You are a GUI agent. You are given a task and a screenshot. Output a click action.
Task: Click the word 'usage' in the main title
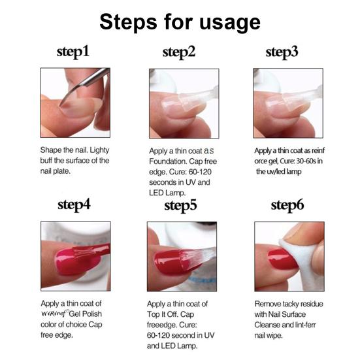[x=230, y=22]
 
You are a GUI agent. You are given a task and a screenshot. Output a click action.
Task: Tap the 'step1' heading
[x=73, y=52]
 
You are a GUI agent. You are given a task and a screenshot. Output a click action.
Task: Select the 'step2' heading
[x=179, y=52]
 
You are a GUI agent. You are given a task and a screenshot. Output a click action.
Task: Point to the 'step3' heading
[x=282, y=52]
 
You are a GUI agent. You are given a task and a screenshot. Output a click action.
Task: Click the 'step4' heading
[x=74, y=205]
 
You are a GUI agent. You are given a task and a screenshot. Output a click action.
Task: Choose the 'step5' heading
[x=180, y=206]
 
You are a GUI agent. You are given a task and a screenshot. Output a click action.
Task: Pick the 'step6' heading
[x=287, y=205]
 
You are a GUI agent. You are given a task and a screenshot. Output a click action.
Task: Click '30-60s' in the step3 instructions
[x=306, y=161]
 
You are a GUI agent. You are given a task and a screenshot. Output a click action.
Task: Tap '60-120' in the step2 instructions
[x=200, y=172]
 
